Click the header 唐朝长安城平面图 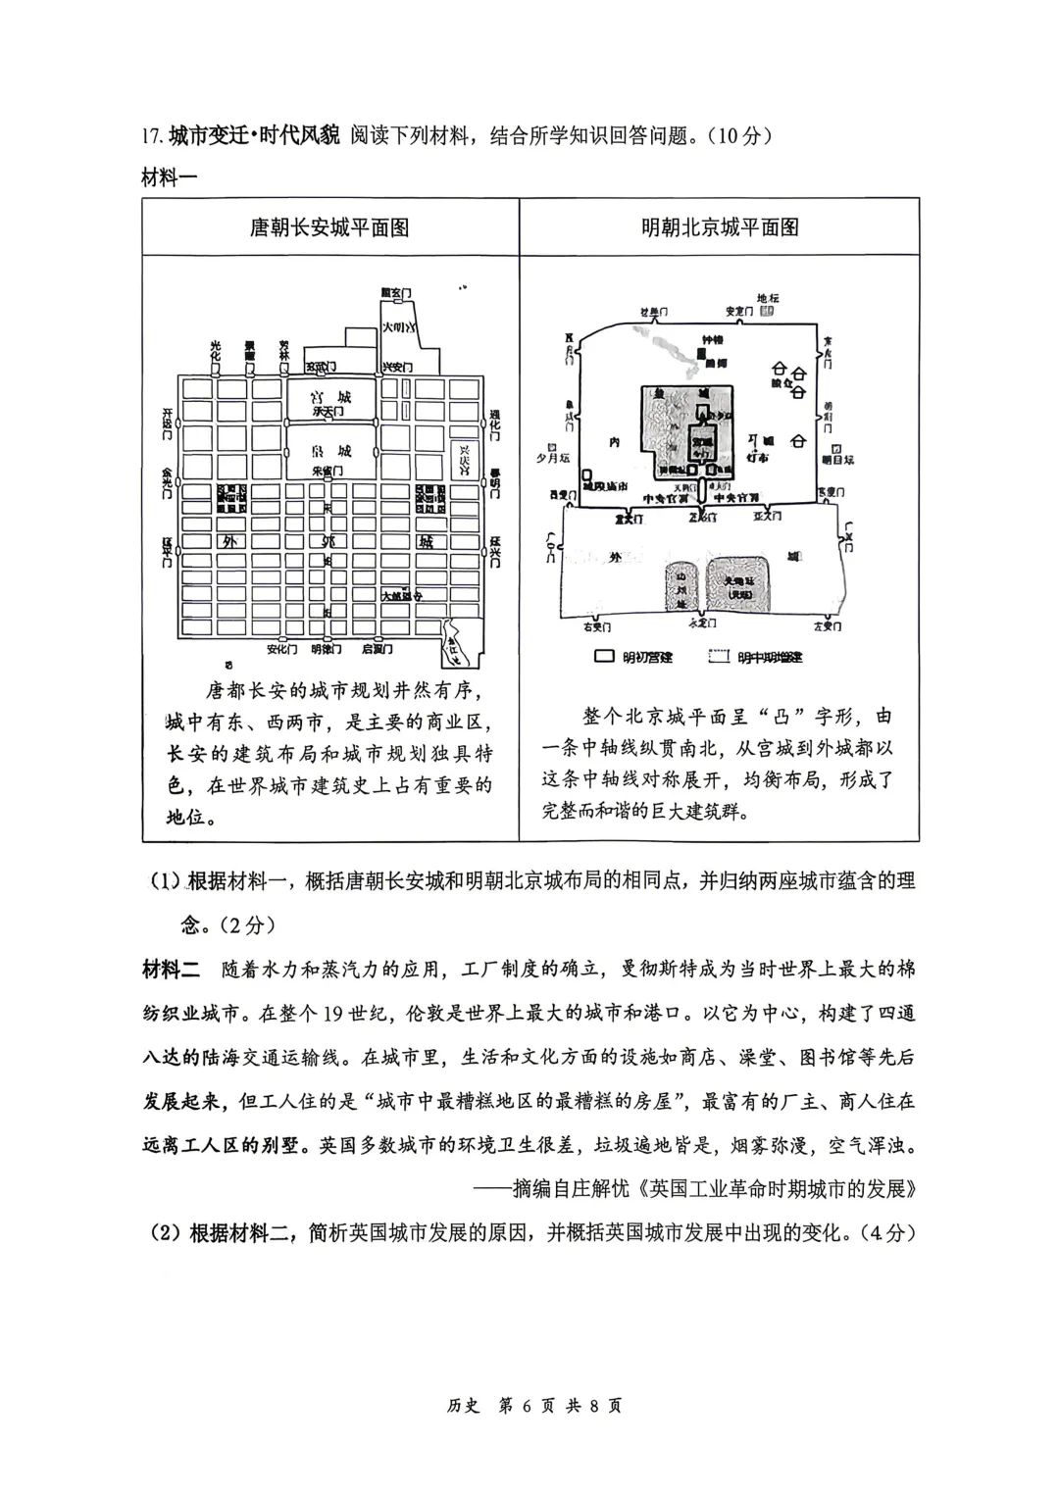coord(329,227)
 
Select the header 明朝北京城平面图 coord(720,227)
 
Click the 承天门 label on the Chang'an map coord(329,414)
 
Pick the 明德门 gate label coord(327,649)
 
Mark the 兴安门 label coord(394,366)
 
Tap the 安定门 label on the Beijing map coord(739,311)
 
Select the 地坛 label coord(768,297)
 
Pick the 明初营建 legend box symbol coord(605,656)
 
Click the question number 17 coord(153,135)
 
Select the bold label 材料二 coord(171,970)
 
